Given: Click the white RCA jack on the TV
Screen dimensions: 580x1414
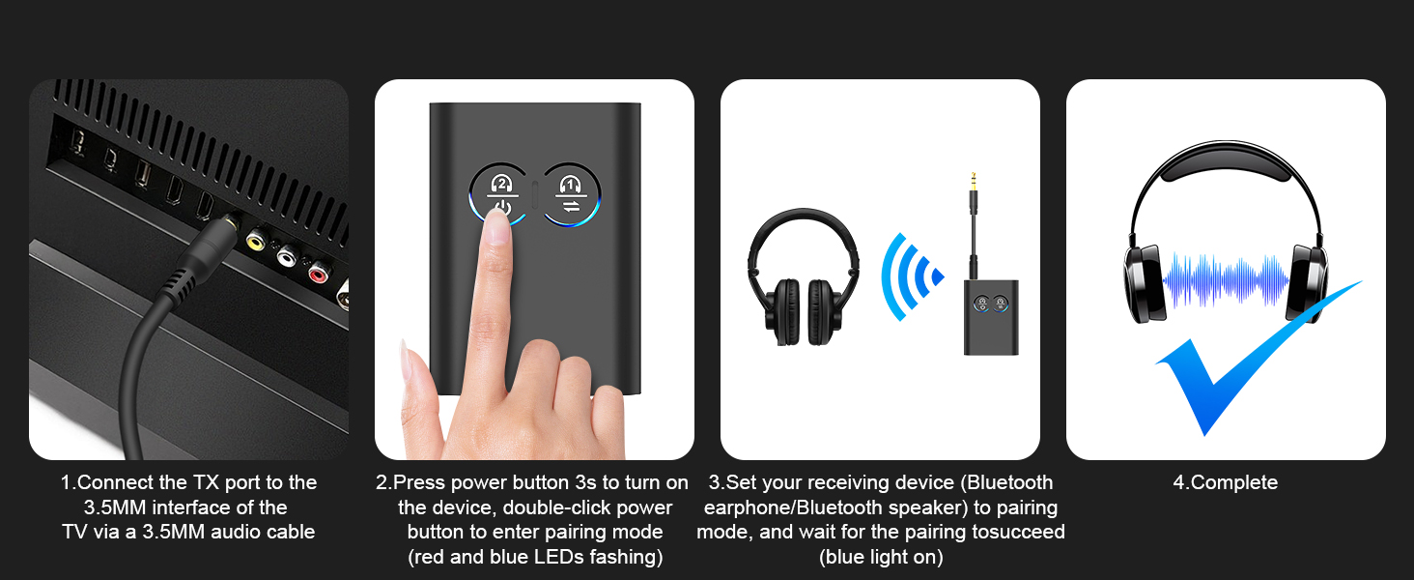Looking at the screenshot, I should point(286,255).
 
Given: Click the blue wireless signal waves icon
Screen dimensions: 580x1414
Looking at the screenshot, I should point(911,277).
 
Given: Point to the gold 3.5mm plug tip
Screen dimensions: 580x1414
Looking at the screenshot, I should point(972,183).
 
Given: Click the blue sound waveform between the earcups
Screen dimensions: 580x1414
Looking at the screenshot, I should point(1226,281).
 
